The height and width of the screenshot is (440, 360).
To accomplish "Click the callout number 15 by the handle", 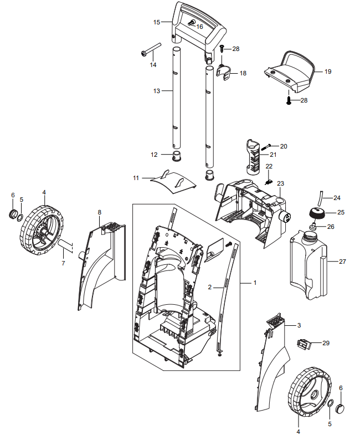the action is click(157, 22).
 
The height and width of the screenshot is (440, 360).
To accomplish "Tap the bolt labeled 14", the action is click(151, 49).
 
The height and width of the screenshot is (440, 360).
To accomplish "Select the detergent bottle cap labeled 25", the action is click(317, 214).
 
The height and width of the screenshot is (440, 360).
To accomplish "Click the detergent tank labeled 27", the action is click(308, 264).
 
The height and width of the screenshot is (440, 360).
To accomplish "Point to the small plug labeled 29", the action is click(304, 344).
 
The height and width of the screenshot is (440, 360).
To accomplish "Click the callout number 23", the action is click(280, 183).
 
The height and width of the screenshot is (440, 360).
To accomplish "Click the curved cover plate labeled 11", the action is click(173, 181).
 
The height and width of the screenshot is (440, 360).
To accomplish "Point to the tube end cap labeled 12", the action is click(177, 156).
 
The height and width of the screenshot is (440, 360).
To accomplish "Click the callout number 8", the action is click(100, 212).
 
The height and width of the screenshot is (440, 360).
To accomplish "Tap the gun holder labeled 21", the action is click(254, 156).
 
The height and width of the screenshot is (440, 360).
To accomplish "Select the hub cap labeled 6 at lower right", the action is click(340, 407).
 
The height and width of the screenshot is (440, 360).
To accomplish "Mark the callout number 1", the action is click(255, 283).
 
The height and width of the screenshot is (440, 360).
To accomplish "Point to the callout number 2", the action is click(210, 288).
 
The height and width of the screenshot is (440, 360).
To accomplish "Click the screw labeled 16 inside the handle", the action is click(191, 23).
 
